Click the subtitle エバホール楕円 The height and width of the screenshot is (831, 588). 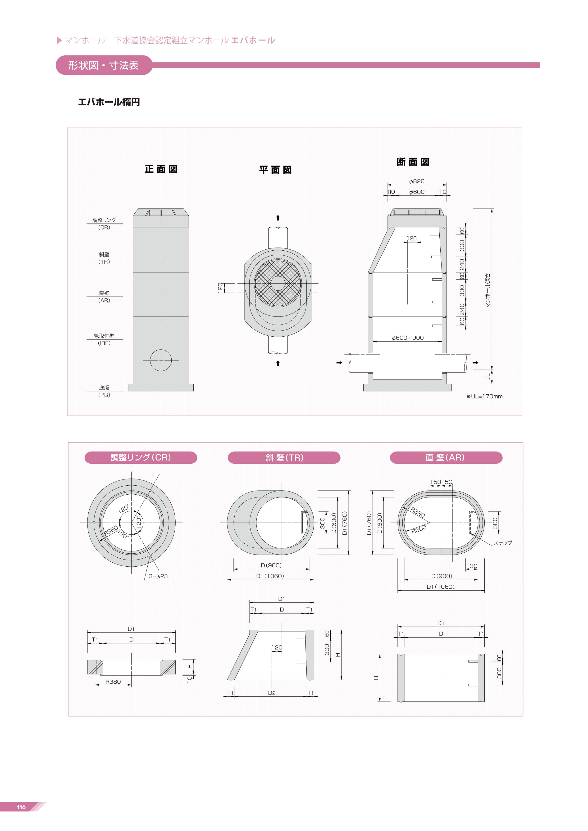(x=109, y=102)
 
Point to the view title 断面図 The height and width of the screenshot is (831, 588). (x=413, y=162)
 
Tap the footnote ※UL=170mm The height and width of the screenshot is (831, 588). (x=484, y=396)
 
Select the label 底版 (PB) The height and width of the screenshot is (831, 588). (x=104, y=391)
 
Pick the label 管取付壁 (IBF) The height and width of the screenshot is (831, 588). (x=104, y=339)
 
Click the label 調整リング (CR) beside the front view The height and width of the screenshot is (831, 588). (x=104, y=224)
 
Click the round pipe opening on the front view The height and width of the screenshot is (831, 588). (x=161, y=360)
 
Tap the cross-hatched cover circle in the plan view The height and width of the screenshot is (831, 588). (x=278, y=283)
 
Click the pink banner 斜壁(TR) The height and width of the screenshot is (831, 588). (x=284, y=457)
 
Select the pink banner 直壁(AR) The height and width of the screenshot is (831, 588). (x=446, y=457)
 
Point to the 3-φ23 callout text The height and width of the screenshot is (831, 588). (x=158, y=576)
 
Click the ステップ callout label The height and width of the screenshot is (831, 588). (x=503, y=542)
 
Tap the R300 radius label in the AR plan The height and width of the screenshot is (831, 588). (x=419, y=529)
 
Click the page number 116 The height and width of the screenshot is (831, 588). (x=21, y=807)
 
